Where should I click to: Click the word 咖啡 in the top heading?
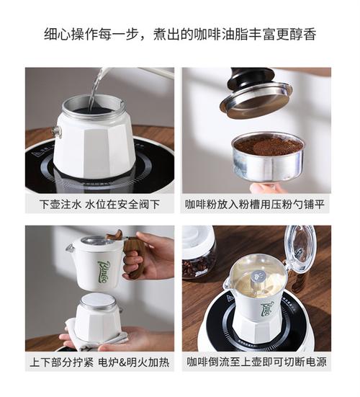pos(207,34)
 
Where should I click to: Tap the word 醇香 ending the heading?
pos(303,34)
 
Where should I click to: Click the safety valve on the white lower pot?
pos(56,131)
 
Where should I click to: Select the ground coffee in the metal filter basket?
pos(269,146)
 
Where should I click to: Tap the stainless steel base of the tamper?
pos(256,100)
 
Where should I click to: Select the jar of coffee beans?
pos(199,252)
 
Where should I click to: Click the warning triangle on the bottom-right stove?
pos(231,299)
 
